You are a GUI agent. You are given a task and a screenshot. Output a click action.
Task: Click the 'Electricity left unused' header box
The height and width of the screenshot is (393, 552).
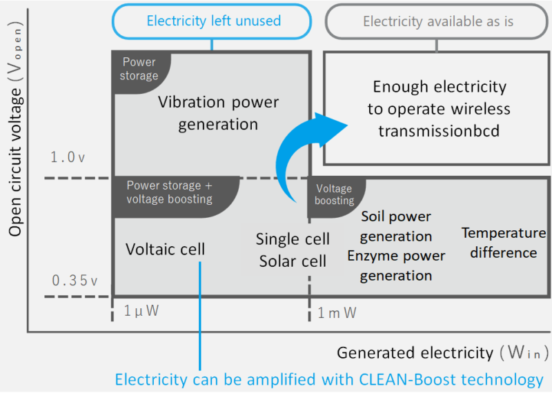[213, 21]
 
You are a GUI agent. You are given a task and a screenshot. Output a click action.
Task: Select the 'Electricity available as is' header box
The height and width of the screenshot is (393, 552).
[437, 21]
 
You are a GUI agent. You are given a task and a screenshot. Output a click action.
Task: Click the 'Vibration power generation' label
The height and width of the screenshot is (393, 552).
[218, 113]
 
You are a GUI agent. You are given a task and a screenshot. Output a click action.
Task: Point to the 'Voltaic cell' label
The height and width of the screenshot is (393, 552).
[165, 249]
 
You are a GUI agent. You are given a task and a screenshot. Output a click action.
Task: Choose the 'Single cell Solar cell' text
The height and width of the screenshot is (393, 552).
[293, 250]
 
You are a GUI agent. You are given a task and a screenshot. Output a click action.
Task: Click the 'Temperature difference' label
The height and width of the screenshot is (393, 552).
[503, 243]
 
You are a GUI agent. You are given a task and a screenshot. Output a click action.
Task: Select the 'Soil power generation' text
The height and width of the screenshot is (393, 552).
[396, 226]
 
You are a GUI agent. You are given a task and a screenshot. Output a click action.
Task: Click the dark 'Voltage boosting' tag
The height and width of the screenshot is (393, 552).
[334, 194]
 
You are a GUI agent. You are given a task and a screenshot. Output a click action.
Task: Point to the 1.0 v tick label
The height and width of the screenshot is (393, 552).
[68, 157]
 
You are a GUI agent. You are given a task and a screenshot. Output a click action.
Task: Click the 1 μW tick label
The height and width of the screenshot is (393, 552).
[141, 311]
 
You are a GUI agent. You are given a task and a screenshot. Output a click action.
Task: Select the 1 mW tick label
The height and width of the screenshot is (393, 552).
[337, 313]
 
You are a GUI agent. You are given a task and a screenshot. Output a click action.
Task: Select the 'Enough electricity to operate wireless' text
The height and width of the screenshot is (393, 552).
[440, 98]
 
